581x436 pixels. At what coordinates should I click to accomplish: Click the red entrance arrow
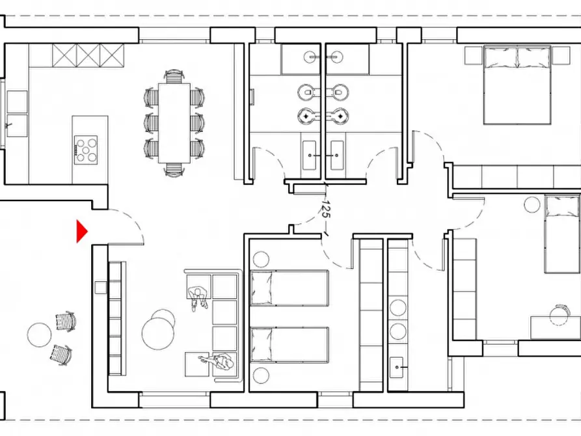(x=81, y=232)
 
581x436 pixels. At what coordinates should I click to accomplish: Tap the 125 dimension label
(x=326, y=209)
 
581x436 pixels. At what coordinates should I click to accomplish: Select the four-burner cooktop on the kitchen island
(x=86, y=150)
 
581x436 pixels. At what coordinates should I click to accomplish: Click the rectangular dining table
(x=174, y=123)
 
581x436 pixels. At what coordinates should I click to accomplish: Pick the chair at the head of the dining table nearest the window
(x=174, y=76)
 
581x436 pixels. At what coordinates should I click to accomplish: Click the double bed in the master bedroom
(x=517, y=85)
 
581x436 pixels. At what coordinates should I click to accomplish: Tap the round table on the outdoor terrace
(x=39, y=334)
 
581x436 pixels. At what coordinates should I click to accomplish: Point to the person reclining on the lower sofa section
(x=217, y=361)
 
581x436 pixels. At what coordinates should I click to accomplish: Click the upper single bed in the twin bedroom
(x=290, y=288)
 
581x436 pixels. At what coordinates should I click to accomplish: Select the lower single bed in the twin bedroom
(x=290, y=345)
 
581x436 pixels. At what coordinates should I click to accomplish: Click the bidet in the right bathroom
(x=338, y=116)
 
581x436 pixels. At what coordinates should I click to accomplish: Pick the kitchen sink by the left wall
(x=17, y=126)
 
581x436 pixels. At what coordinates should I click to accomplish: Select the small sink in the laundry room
(x=396, y=367)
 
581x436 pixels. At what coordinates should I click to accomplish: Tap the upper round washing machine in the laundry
(x=398, y=307)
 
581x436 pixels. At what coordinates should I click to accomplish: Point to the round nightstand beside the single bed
(x=532, y=204)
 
